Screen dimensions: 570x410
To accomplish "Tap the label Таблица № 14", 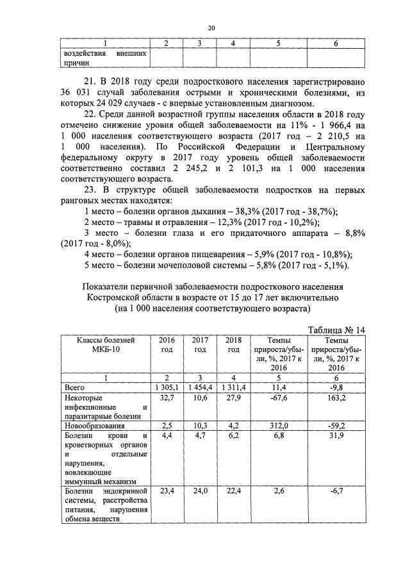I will (x=336, y=330).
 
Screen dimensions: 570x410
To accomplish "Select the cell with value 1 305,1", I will (x=166, y=388).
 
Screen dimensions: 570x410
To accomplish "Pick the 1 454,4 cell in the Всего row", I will (x=200, y=388).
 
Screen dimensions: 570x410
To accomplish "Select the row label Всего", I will (x=75, y=388).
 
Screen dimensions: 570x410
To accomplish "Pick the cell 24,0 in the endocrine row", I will (x=200, y=492).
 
